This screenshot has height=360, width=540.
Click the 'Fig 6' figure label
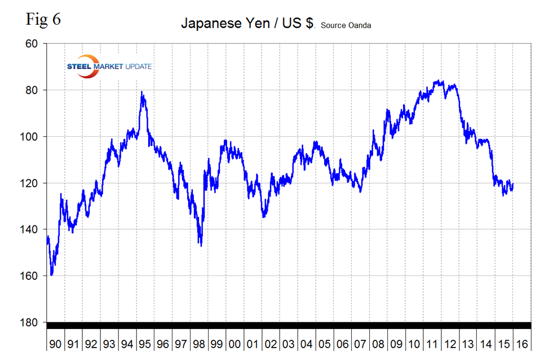tap(43, 19)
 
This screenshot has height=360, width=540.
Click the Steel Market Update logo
tap(108, 65)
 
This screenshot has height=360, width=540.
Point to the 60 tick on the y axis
tap(33, 44)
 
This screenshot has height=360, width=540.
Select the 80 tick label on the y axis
tap(33, 90)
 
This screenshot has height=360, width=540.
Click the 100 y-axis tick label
tap(31, 137)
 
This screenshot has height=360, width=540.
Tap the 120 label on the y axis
tap(31, 183)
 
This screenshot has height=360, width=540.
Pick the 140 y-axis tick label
tap(31, 229)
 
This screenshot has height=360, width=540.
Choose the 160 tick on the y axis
tap(31, 276)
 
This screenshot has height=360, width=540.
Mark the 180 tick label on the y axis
tap(31, 322)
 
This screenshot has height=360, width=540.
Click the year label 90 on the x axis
tap(55, 343)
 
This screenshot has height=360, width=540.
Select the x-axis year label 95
tap(145, 343)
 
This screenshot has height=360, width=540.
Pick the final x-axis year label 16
tap(521, 343)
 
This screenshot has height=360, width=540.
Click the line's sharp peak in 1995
tap(142, 92)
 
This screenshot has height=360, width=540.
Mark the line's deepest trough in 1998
tap(201, 245)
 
